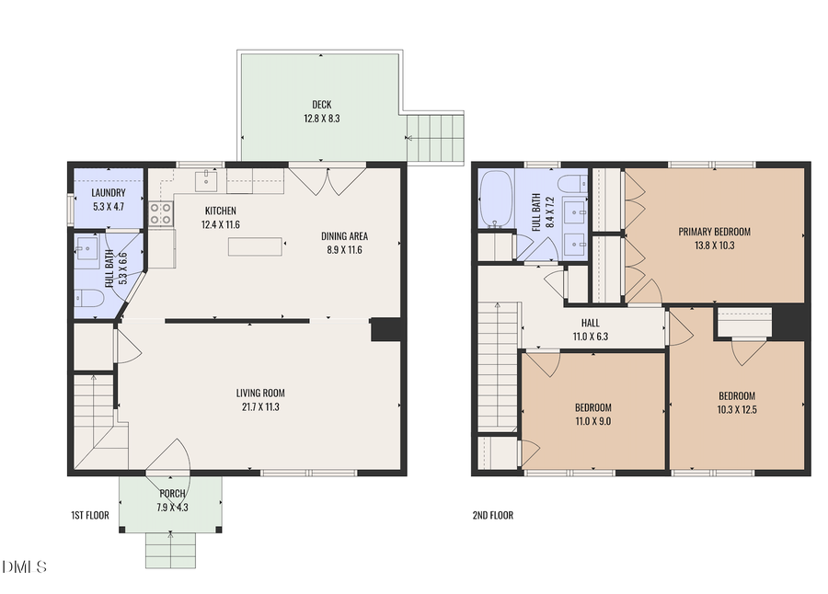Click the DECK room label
(321, 105)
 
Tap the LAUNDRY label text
(108, 193)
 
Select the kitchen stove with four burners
(161, 213)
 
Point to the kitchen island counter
(257, 246)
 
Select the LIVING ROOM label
(260, 393)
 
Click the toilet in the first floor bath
(89, 298)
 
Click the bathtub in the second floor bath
(496, 200)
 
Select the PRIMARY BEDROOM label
(714, 232)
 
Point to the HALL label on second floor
(590, 324)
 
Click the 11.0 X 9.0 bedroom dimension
(592, 421)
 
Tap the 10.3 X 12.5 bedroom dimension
(738, 410)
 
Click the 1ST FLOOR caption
(90, 515)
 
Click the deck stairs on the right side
(435, 137)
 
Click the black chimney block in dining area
(385, 330)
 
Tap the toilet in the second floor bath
(570, 181)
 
